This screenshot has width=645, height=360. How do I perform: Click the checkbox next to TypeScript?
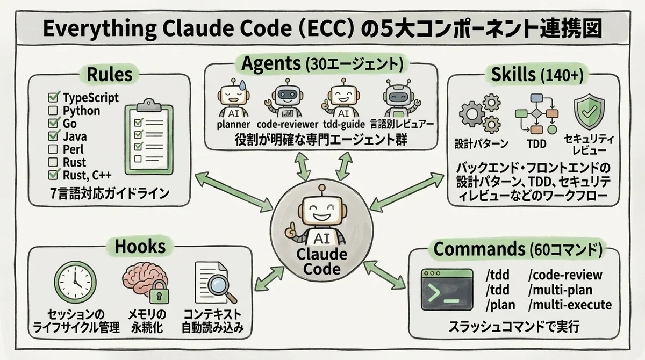click(x=53, y=98)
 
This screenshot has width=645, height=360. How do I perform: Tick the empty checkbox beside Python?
click(x=53, y=111)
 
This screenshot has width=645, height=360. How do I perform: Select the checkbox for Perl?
click(x=53, y=149)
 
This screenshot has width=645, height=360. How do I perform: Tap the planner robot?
click(x=232, y=100)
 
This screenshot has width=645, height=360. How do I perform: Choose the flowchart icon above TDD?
click(x=535, y=114)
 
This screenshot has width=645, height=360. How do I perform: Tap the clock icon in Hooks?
click(x=75, y=283)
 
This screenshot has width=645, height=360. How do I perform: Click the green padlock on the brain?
click(x=156, y=294)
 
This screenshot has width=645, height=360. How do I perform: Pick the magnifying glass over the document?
click(x=223, y=287)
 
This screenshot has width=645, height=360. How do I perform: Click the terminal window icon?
click(x=447, y=290)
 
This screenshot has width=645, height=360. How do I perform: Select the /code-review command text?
click(x=565, y=276)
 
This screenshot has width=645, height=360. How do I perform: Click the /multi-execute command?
click(x=570, y=305)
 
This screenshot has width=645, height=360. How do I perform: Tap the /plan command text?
click(x=500, y=305)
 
